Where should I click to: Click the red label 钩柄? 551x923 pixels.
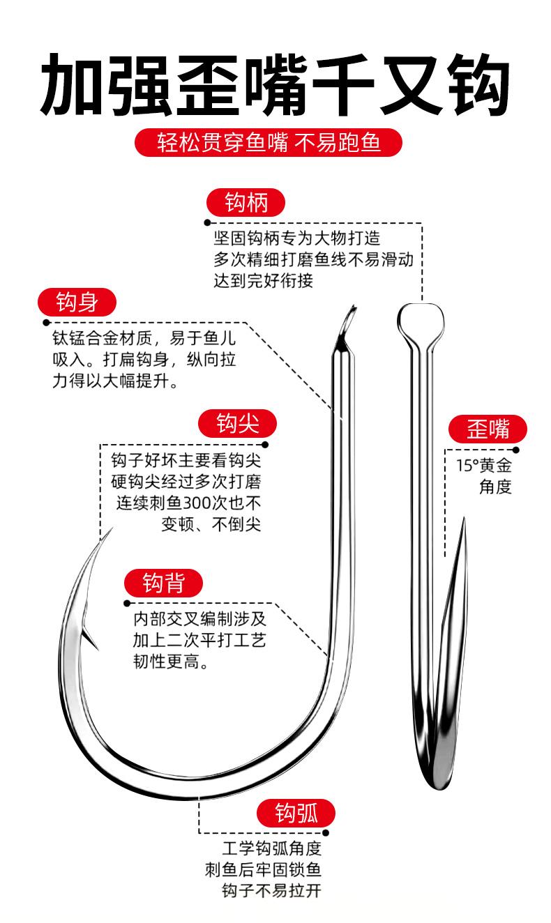246,203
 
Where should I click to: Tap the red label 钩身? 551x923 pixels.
76,303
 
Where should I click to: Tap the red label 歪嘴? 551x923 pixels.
488,430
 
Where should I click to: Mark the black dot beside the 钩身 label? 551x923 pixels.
46,323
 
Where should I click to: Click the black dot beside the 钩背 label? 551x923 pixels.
127,603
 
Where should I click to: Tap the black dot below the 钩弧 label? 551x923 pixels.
325,832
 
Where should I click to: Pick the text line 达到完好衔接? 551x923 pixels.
264,281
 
